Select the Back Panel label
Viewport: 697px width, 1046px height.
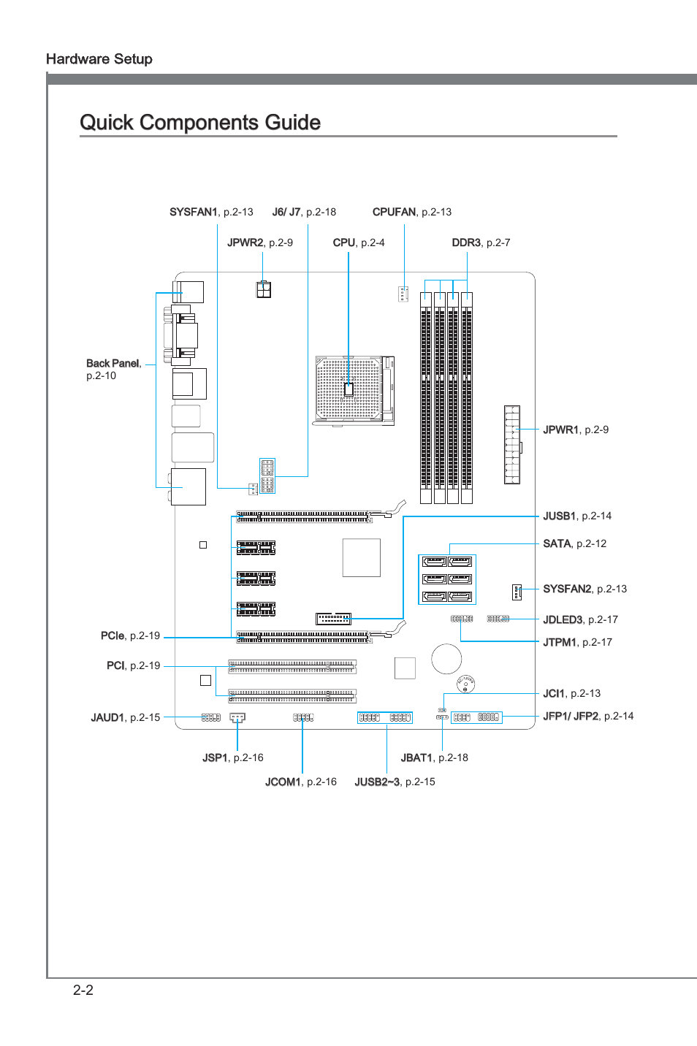tap(113, 364)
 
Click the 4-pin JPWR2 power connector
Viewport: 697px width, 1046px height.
tap(264, 290)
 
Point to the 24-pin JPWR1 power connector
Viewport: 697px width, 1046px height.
tap(511, 445)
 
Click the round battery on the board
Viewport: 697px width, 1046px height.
tap(446, 659)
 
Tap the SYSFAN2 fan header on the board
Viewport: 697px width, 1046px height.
tap(517, 592)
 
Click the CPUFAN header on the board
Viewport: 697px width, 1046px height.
tap(403, 294)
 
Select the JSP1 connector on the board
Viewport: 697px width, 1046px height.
tap(237, 717)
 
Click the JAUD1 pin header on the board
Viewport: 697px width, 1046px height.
tap(210, 718)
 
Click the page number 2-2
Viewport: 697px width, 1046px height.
tap(83, 990)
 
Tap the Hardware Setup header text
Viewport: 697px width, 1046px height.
tap(99, 59)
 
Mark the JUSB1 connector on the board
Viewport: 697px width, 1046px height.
tap(333, 619)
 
